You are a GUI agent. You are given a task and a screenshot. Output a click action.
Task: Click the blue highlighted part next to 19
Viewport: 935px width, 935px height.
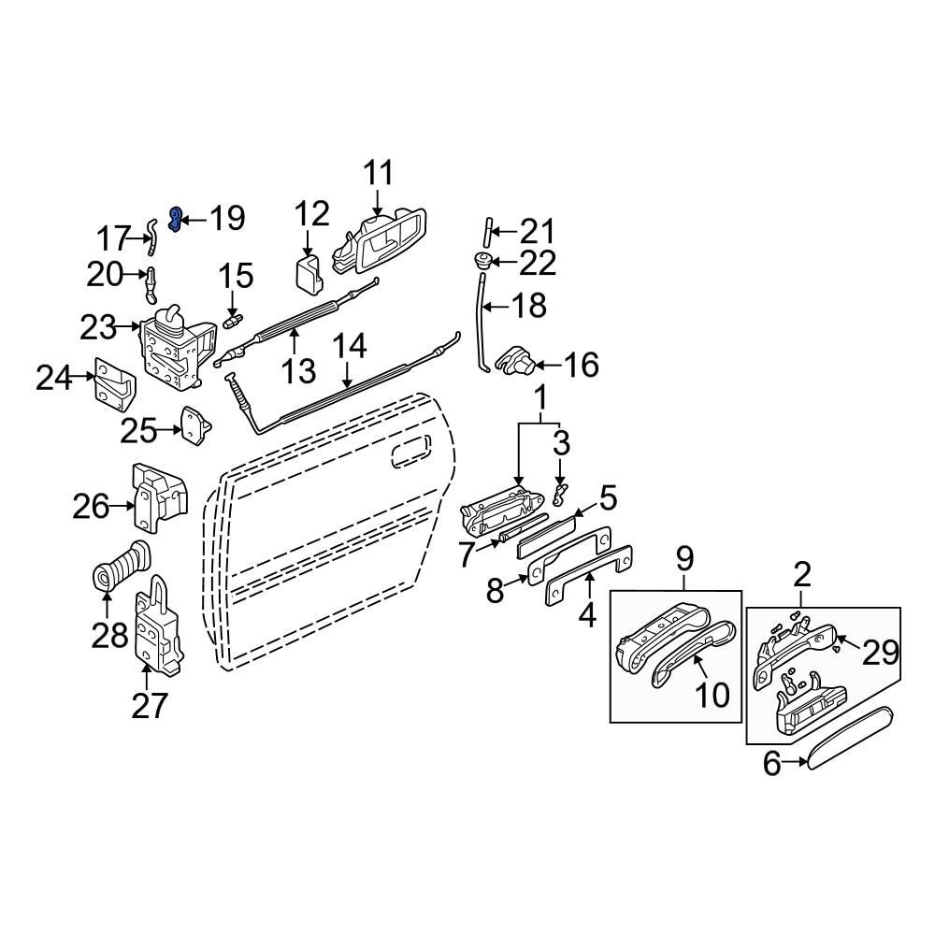point(175,219)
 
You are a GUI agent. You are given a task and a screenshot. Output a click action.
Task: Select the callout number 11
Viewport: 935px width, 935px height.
point(378,174)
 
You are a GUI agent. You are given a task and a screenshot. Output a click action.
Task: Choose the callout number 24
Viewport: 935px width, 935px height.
point(54,379)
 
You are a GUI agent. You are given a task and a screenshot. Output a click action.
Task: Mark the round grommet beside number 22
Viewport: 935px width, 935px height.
point(483,261)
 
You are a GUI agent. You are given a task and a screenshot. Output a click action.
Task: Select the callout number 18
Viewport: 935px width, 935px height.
point(527,306)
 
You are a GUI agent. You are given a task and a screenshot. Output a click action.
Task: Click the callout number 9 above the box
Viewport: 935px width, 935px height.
point(684,560)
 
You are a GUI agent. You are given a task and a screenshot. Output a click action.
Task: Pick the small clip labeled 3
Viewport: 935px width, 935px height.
point(560,490)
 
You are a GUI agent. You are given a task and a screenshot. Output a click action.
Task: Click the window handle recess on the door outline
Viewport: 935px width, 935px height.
point(408,455)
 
